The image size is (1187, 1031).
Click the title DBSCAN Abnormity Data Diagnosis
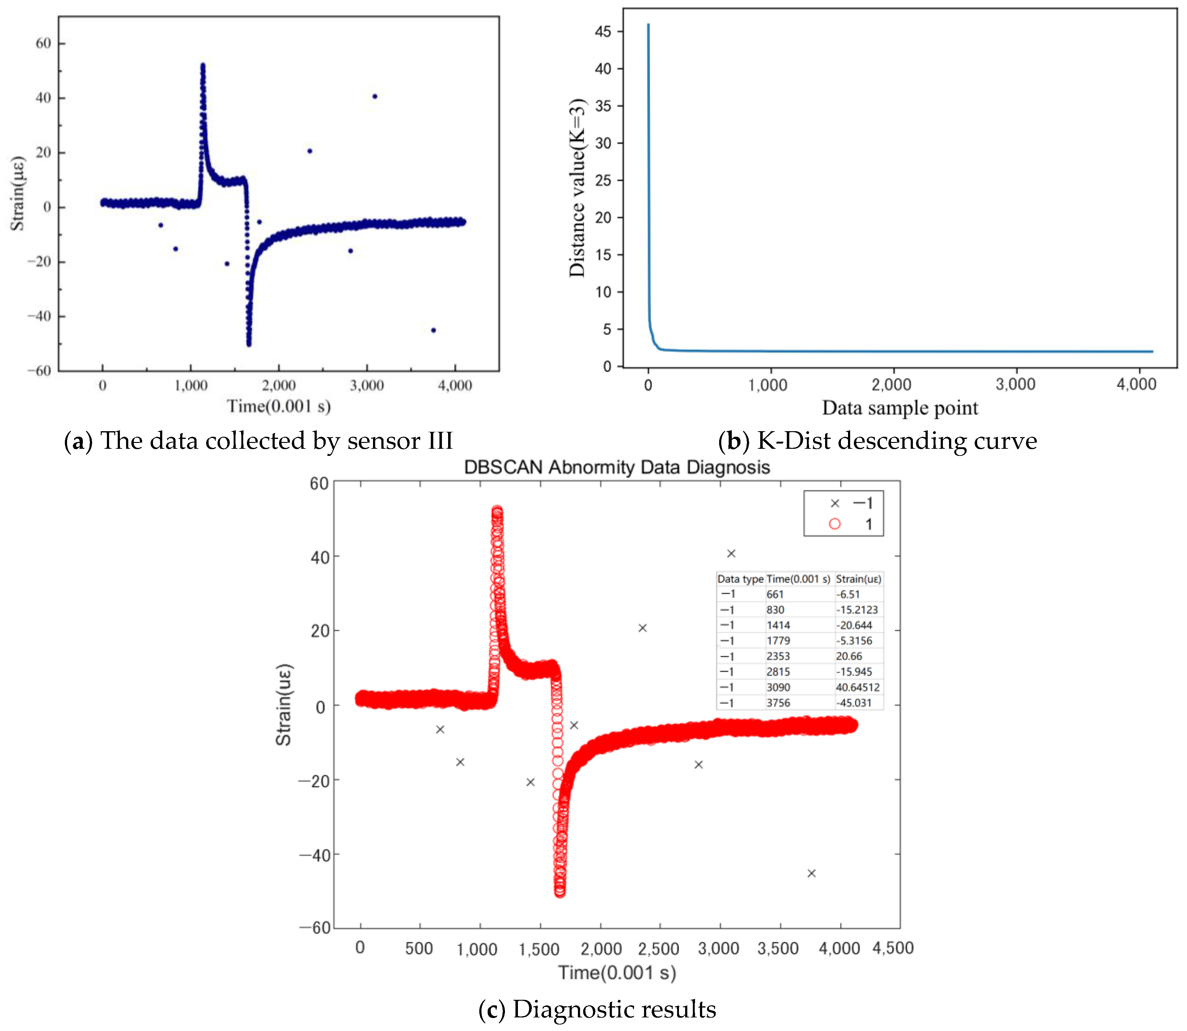pyautogui.click(x=617, y=467)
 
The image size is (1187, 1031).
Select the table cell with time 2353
pyautogui.click(x=778, y=656)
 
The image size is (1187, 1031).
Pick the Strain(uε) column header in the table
pyautogui.click(x=858, y=579)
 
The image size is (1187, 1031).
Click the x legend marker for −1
pyautogui.click(x=835, y=503)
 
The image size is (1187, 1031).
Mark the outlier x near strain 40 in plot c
pyautogui.click(x=731, y=553)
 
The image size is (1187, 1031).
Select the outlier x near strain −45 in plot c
pyautogui.click(x=811, y=873)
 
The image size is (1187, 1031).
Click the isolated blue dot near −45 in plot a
pyautogui.click(x=434, y=330)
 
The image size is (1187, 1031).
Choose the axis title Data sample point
pyautogui.click(x=900, y=408)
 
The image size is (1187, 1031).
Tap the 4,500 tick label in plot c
pyautogui.click(x=893, y=948)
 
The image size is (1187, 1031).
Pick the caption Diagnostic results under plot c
pyautogui.click(x=614, y=1009)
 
